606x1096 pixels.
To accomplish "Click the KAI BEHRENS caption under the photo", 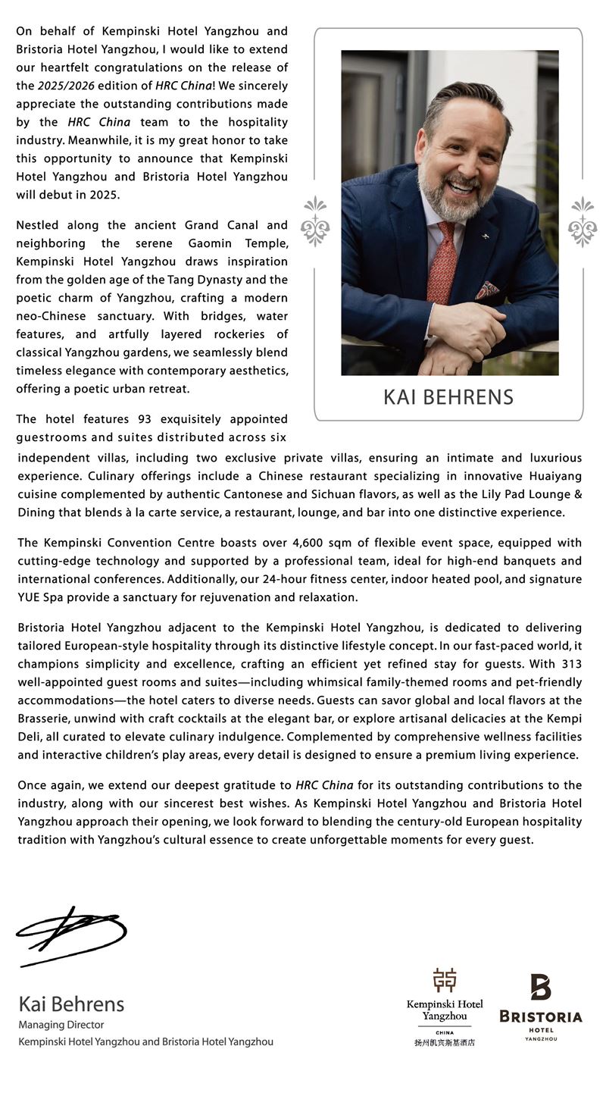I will click(448, 396).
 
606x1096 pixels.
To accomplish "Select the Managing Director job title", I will click(61, 1025).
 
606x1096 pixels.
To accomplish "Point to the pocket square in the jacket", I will click(486, 290).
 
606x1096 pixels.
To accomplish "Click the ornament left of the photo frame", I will click(315, 221).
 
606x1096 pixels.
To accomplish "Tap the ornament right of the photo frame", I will click(582, 221).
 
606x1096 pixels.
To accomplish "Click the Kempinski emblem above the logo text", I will click(445, 980).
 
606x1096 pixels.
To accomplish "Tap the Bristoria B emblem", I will click(540, 987).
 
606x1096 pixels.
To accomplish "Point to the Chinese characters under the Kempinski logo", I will click(445, 1042).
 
